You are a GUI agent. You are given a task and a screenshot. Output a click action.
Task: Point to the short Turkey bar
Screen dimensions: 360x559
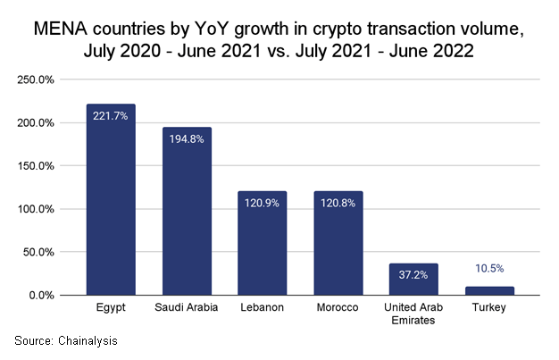489,290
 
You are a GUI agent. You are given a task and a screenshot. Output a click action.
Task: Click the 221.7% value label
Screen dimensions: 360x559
111,115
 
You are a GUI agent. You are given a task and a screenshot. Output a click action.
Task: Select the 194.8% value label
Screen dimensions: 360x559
187,138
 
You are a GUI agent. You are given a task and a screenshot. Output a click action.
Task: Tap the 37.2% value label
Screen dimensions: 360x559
413,275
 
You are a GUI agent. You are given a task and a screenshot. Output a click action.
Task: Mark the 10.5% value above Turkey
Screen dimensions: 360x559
489,268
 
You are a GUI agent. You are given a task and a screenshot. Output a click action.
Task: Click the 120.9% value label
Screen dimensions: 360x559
262,203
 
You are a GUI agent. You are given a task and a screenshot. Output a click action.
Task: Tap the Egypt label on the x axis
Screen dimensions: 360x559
111,308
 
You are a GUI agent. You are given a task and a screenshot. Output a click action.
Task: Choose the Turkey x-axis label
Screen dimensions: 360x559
489,308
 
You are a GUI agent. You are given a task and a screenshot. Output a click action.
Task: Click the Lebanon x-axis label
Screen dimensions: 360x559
262,308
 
